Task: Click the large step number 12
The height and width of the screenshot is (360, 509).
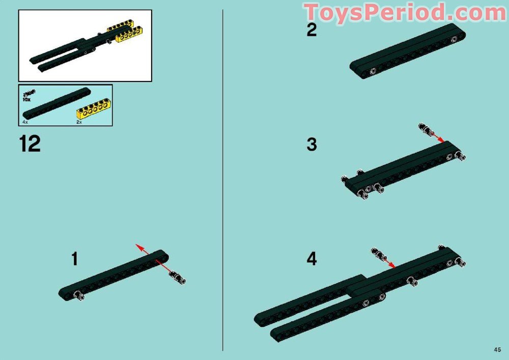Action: tap(30, 144)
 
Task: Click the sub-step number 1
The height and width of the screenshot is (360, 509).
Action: tap(75, 259)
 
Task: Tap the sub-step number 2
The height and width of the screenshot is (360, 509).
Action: tap(312, 31)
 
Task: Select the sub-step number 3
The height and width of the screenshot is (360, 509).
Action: tap(312, 145)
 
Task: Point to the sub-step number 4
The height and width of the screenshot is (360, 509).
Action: tap(312, 259)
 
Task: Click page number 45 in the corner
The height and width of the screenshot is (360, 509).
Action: tap(497, 349)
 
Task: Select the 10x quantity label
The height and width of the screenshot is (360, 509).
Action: tap(26, 100)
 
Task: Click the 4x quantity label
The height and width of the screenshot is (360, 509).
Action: tap(25, 123)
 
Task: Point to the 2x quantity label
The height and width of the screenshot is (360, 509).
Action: tap(79, 123)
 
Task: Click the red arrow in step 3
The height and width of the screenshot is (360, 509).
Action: tap(437, 137)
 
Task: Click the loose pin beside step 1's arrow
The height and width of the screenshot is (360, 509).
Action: tap(178, 277)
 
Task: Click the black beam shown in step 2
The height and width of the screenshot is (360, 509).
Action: tap(407, 51)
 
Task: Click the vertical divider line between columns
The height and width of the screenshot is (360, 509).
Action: tap(223, 178)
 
